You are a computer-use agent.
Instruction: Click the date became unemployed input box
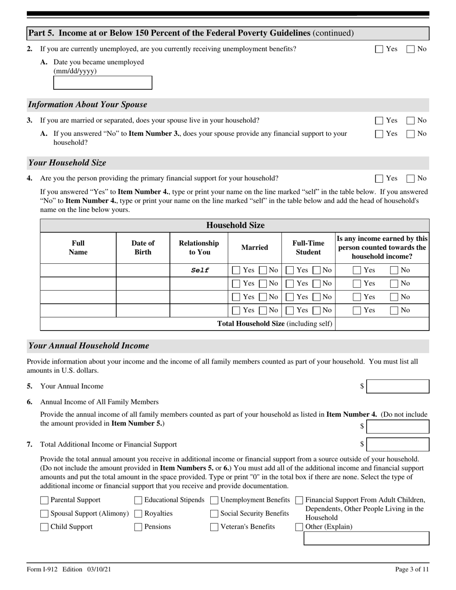[102, 83]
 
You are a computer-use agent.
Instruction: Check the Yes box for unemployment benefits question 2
[379, 49]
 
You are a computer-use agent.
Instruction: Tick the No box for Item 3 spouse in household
[411, 121]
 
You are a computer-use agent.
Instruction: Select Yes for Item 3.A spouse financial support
[379, 134]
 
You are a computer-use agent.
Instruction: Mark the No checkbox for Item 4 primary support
[411, 179]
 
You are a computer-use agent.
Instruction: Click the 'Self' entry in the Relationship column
[199, 270]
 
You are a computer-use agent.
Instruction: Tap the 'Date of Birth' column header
[143, 248]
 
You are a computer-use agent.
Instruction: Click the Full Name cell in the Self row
[78, 270]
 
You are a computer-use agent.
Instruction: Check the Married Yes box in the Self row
[236, 271]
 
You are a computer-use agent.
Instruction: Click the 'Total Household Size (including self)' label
[275, 324]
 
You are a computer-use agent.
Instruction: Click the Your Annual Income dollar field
[397, 387]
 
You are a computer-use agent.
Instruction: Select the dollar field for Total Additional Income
[397, 445]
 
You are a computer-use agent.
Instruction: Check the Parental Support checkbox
[45, 500]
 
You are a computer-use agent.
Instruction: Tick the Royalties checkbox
[138, 514]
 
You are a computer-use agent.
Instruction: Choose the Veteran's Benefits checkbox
[214, 527]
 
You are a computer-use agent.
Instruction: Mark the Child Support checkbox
[45, 527]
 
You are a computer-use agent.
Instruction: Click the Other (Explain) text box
[366, 539]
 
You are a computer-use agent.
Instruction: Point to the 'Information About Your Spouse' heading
[88, 105]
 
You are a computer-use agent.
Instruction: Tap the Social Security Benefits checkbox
[214, 514]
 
